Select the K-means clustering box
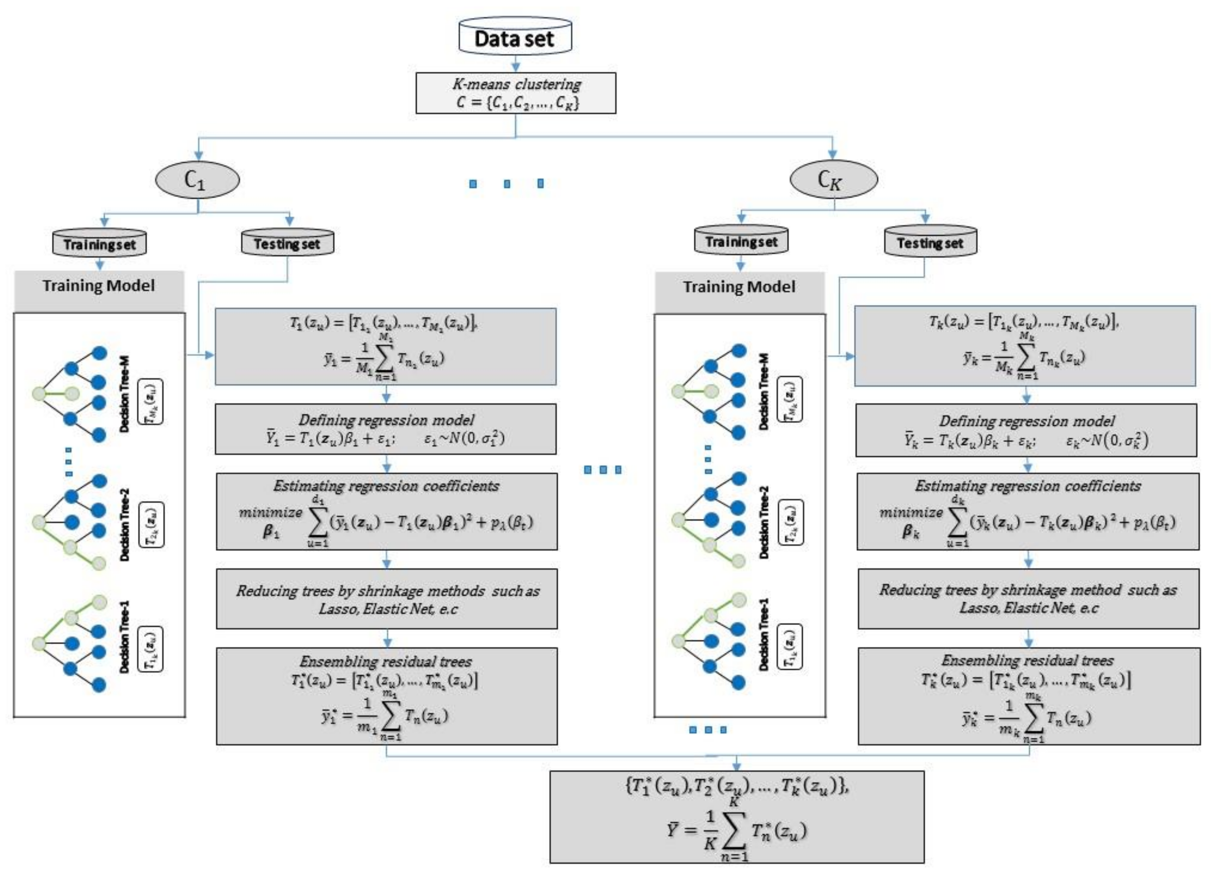pos(516,93)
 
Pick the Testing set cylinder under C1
pos(287,243)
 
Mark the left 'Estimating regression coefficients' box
pos(387,512)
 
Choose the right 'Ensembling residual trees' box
pos(1028,696)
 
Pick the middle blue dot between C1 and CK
pos(507,184)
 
